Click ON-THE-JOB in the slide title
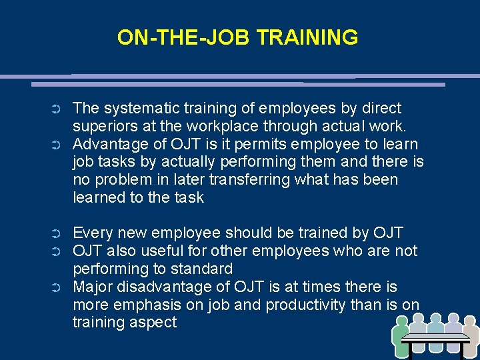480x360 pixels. [x=185, y=37]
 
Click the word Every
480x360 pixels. [x=91, y=233]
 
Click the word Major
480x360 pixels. [x=91, y=287]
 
